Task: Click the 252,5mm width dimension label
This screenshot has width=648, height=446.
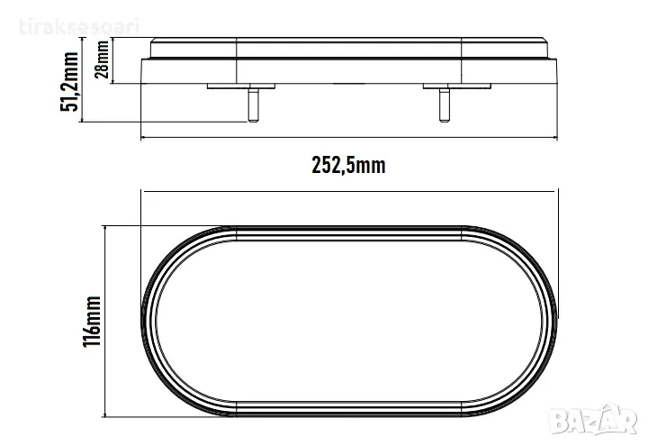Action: point(348,165)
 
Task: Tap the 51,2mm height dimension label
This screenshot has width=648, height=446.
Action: point(69,81)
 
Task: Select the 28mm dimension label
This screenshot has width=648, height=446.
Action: point(102,59)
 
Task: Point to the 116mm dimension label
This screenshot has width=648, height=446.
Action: point(92,321)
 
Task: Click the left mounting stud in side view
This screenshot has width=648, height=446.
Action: point(253,105)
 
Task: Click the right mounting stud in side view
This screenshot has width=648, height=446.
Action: point(445,105)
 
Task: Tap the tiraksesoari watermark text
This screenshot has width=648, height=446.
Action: point(79,26)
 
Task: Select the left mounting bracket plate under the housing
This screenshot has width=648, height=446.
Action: point(241,86)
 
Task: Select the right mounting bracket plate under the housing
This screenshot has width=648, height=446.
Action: point(457,86)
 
